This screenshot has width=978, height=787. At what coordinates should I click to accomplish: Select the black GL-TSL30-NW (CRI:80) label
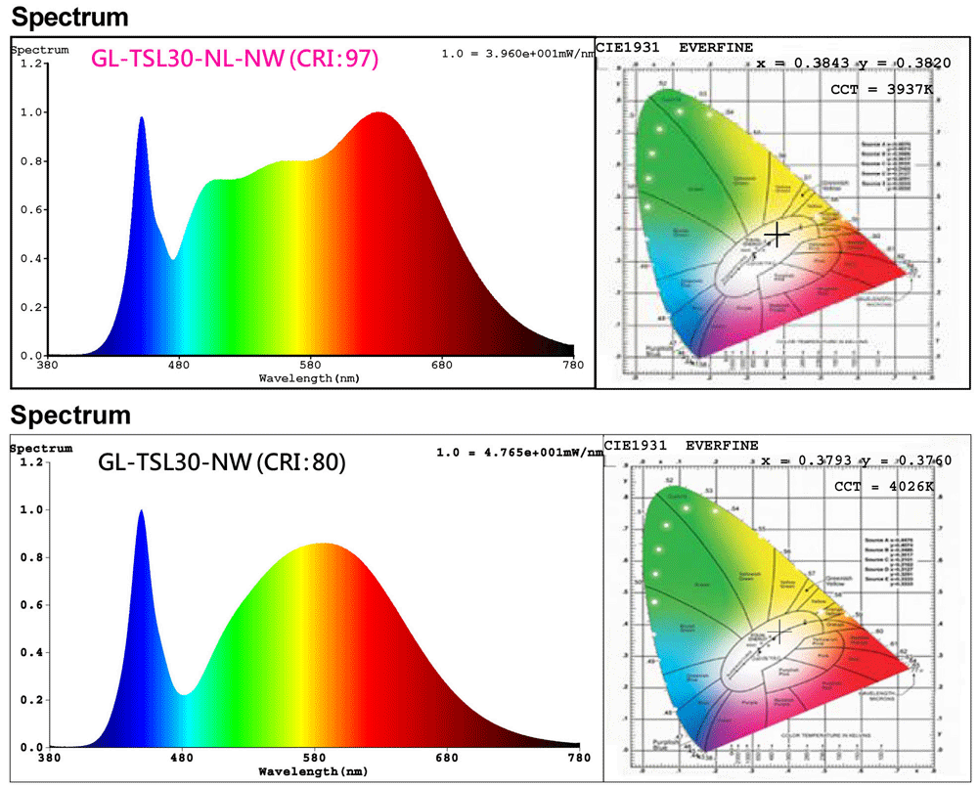[222, 463]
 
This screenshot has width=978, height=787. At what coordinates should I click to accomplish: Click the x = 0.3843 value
[801, 64]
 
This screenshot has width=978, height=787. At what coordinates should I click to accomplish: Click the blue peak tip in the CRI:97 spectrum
[142, 118]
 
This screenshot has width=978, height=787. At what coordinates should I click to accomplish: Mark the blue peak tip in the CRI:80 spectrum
[141, 511]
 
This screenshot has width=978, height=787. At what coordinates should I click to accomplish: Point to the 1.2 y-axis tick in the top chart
[35, 65]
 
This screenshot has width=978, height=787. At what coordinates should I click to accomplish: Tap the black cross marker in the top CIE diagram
[777, 235]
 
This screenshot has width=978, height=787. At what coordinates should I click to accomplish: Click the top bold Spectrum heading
[69, 18]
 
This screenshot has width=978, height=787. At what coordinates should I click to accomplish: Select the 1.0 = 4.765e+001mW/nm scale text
[517, 452]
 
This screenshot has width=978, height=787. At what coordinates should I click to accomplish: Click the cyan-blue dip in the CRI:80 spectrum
[184, 693]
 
